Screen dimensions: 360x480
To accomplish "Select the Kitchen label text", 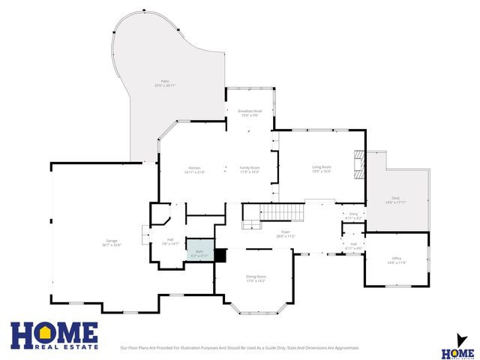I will coord(194,169).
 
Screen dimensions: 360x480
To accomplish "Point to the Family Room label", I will coord(249,169).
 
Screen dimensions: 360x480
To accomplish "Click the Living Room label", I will coord(321,168).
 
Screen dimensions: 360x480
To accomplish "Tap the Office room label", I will coord(396,260).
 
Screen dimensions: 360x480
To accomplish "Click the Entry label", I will coord(353,214).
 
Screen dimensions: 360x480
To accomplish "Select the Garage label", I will coord(111,242).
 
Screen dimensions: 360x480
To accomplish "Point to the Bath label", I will coord(199,253).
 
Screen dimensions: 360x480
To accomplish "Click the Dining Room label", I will coord(256,278).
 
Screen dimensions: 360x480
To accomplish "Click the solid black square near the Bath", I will coord(220,255).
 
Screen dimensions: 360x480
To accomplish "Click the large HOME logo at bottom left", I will coord(53,336).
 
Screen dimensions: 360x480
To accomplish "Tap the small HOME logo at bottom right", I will coord(457,348).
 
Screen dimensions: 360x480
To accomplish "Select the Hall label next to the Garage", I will coord(170,241).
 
